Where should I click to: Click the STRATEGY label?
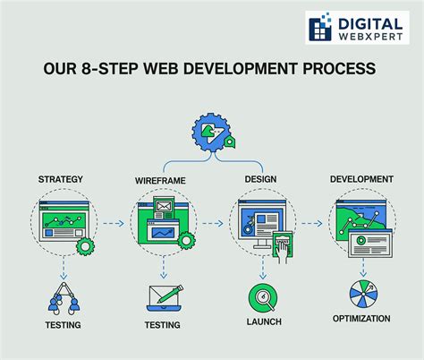pyautogui.click(x=61, y=179)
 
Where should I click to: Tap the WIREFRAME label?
pyautogui.click(x=161, y=180)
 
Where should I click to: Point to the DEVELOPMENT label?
pyautogui.click(x=360, y=179)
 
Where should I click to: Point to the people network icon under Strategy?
pyautogui.click(x=62, y=296)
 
